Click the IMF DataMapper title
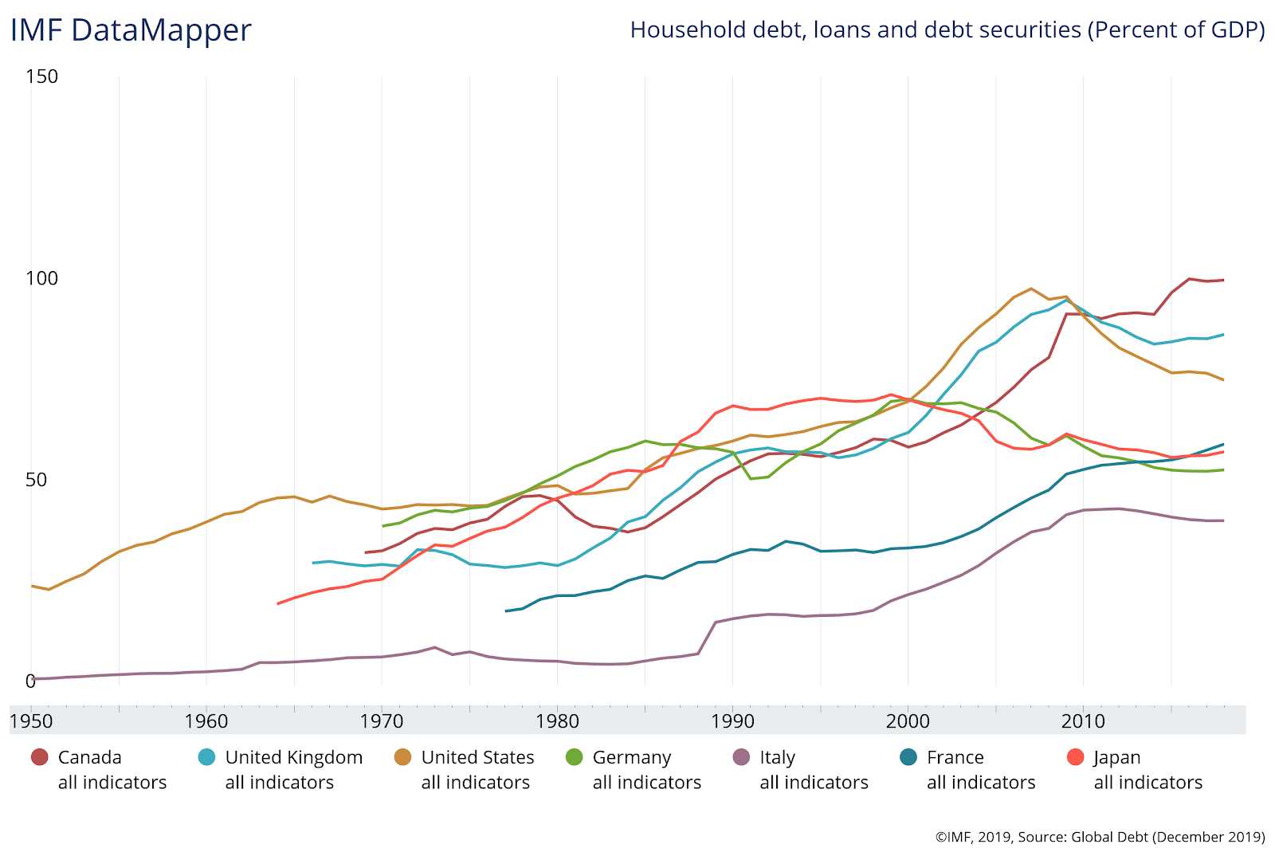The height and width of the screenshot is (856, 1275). click(x=131, y=31)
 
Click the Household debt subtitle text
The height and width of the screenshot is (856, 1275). click(x=947, y=30)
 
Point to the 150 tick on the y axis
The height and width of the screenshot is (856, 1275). click(x=42, y=77)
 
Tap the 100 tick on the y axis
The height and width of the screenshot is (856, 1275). click(x=42, y=278)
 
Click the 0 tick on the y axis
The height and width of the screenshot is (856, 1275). click(x=30, y=681)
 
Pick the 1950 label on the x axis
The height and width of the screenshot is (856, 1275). click(x=31, y=721)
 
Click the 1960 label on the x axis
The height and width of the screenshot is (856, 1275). click(x=206, y=721)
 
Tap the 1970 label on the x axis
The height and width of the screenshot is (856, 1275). click(x=382, y=721)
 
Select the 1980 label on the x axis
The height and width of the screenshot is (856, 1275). click(x=557, y=721)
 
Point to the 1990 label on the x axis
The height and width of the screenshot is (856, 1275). click(x=732, y=721)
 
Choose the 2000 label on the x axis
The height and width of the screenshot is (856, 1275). click(x=908, y=721)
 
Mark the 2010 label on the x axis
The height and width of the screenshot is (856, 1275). click(x=1083, y=721)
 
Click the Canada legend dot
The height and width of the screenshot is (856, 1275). click(x=39, y=757)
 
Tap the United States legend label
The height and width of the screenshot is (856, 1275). click(x=477, y=757)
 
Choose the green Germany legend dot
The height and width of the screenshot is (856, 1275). click(x=574, y=757)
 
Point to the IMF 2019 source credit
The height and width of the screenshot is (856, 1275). click(x=1100, y=837)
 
